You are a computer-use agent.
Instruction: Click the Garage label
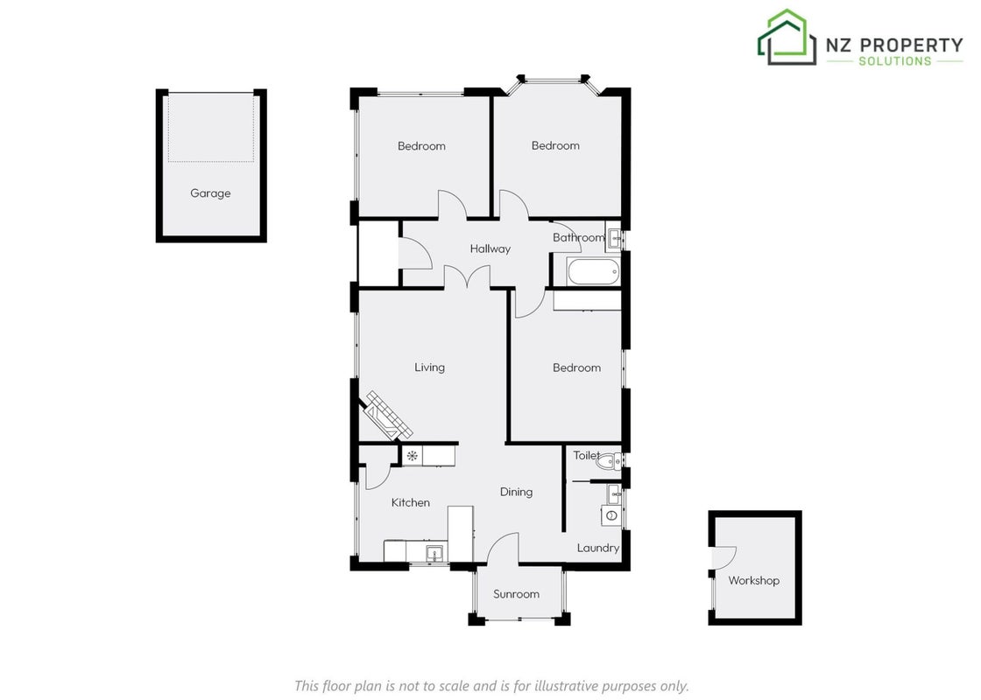[x=210, y=193]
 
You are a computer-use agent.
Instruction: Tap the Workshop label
[x=753, y=580]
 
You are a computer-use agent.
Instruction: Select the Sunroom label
[x=516, y=594]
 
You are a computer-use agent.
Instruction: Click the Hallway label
[x=490, y=248]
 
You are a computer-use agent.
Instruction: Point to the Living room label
[x=429, y=367]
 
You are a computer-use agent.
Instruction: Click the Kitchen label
[x=411, y=502]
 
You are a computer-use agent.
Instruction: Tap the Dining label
[x=516, y=492]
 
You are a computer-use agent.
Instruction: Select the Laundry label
[x=598, y=548]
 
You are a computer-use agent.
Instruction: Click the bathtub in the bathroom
[x=593, y=272]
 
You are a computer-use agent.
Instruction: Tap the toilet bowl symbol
[x=607, y=462]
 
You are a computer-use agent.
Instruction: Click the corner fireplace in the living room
[x=387, y=415]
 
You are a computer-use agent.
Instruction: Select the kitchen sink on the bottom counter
[x=434, y=553]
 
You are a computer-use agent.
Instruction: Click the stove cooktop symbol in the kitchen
[x=412, y=456]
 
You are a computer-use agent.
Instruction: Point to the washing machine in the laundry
[x=612, y=515]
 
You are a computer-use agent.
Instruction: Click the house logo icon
[x=787, y=37]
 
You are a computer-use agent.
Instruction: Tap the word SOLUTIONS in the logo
[x=894, y=61]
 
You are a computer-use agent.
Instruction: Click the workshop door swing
[x=723, y=557]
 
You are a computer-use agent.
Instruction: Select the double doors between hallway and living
[x=468, y=276]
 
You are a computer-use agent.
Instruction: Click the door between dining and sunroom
[x=503, y=548]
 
